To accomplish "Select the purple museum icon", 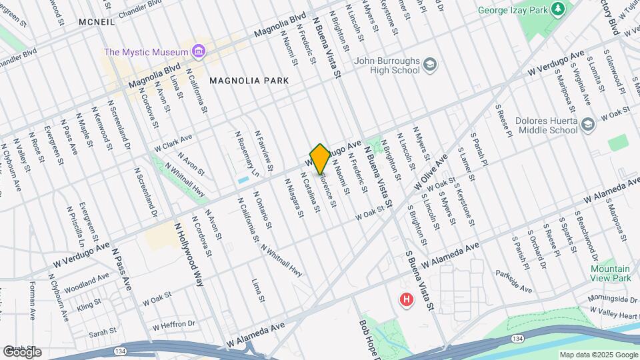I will [x=197, y=51].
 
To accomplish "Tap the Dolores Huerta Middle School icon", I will [x=587, y=124].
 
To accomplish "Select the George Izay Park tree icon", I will [x=557, y=10].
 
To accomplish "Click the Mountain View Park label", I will [x=610, y=273].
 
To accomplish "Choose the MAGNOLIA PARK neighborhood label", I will [x=249, y=81].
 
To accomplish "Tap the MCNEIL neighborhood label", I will [x=96, y=22].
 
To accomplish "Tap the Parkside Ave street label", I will [x=513, y=282].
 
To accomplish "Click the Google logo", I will [x=22, y=352].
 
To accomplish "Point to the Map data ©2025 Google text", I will [x=598, y=355].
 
